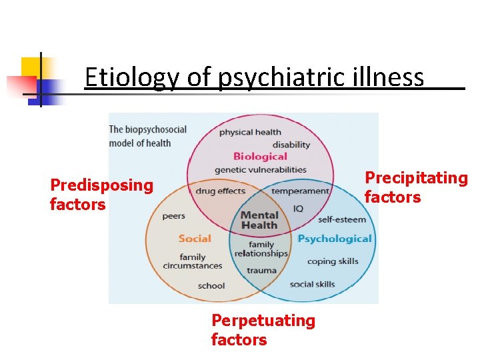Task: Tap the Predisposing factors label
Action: (101, 195)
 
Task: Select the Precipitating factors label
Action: (415, 187)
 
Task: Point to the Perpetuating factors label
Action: (263, 330)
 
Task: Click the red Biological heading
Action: (260, 157)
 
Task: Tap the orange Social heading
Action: (195, 239)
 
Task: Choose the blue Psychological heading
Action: (334, 239)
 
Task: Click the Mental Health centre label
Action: (259, 220)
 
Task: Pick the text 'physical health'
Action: (250, 132)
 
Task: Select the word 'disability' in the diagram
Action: (291, 145)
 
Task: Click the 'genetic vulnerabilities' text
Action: (261, 170)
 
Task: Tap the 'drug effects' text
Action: (221, 191)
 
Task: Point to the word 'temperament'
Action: (300, 191)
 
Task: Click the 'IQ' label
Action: (298, 209)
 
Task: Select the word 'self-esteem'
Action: (342, 219)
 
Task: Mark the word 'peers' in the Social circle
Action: (174, 216)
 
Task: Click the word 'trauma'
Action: (261, 271)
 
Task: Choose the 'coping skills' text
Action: (333, 261)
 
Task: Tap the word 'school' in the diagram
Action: (211, 286)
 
